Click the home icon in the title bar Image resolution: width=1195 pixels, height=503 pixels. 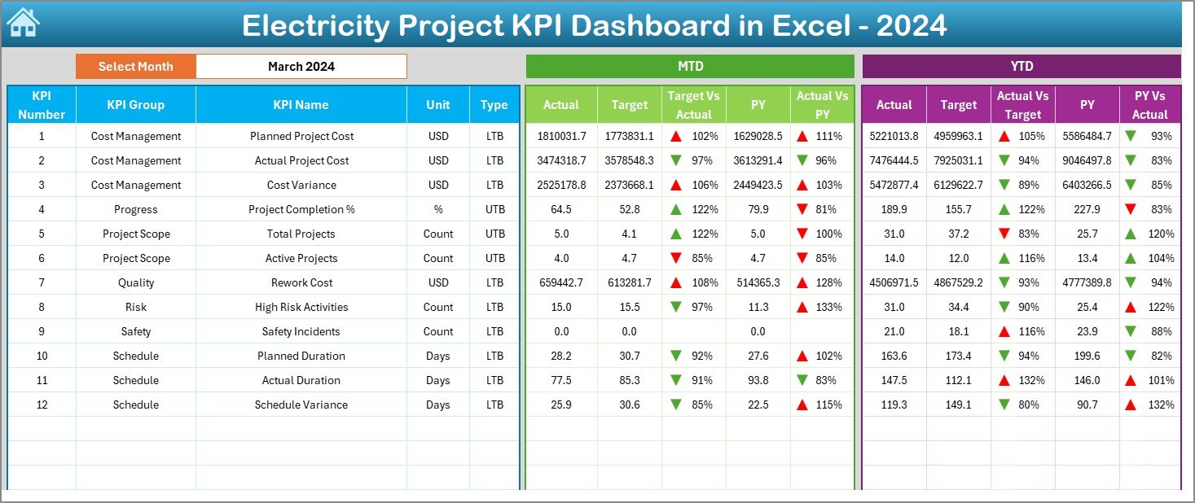tap(23, 23)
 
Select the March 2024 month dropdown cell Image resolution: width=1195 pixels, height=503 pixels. tap(301, 67)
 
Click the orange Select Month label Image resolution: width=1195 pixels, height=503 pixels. tap(135, 67)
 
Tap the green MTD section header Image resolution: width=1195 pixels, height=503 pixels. tap(690, 67)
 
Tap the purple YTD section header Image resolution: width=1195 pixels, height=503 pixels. tap(1021, 67)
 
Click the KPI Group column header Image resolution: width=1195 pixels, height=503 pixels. tap(135, 105)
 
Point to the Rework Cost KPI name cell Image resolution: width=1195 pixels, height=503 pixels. tap(301, 282)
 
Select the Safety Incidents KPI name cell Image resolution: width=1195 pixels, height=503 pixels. tap(301, 331)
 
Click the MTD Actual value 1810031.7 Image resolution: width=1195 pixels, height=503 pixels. tap(560, 136)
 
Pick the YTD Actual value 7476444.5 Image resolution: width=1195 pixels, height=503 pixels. tap(894, 160)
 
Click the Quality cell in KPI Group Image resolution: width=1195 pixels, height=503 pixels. tap(135, 282)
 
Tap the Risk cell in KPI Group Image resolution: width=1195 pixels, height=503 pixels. tap(135, 307)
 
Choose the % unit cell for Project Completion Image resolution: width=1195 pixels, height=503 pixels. tap(438, 209)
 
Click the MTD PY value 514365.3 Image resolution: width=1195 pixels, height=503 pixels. tap(758, 282)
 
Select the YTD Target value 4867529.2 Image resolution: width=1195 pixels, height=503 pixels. tap(958, 282)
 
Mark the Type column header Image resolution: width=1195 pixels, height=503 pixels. tap(494, 105)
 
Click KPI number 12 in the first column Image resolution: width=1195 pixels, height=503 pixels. tap(42, 405)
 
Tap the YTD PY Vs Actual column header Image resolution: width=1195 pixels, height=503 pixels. tap(1149, 105)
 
